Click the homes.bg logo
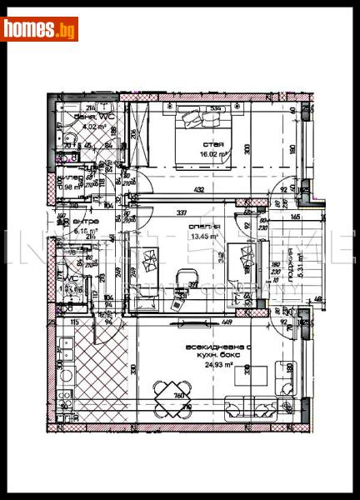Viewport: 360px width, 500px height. click(x=40, y=29)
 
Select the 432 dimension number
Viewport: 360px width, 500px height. click(x=200, y=191)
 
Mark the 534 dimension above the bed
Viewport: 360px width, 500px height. click(x=215, y=107)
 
